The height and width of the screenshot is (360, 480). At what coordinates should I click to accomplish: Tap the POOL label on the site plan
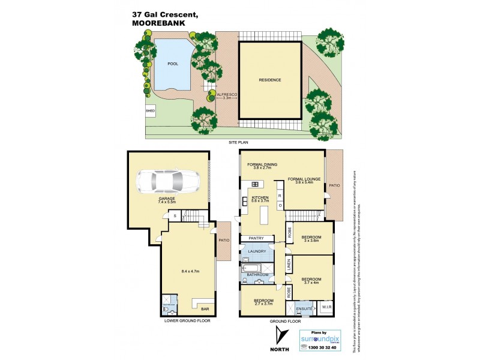click(x=173, y=64)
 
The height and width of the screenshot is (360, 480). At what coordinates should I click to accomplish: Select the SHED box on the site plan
click(x=150, y=111)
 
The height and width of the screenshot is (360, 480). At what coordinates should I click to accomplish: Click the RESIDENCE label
click(x=270, y=80)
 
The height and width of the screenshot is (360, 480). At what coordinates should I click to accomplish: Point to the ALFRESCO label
click(x=226, y=94)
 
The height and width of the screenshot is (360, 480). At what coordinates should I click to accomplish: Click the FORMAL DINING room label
click(x=260, y=166)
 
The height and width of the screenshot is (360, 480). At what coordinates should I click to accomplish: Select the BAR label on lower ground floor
click(x=205, y=309)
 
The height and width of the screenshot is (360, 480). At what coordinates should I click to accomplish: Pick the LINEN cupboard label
click(x=289, y=264)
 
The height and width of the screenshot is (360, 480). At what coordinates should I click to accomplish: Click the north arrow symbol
click(x=277, y=334)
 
